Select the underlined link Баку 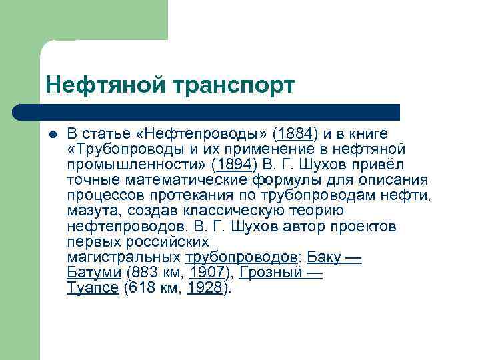point(326,258)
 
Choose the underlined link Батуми point(94,273)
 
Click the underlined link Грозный point(266,273)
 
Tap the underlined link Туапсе point(93,289)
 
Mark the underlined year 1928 point(205,289)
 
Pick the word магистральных point(124,258)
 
